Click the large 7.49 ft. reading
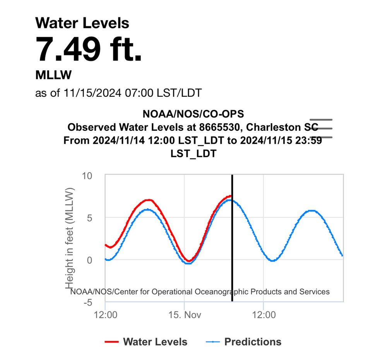pos(89,49)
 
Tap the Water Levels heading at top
pos(82,23)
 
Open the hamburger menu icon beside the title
pos(321,129)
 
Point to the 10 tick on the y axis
pos(87,176)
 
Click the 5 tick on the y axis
pos(89,218)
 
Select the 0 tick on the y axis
pos(89,260)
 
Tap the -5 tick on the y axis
pos(87,302)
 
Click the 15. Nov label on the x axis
pos(185,314)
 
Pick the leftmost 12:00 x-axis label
pos(106,314)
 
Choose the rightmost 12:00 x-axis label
pos(264,314)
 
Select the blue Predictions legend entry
pos(244,342)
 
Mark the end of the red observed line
pos(231,196)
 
